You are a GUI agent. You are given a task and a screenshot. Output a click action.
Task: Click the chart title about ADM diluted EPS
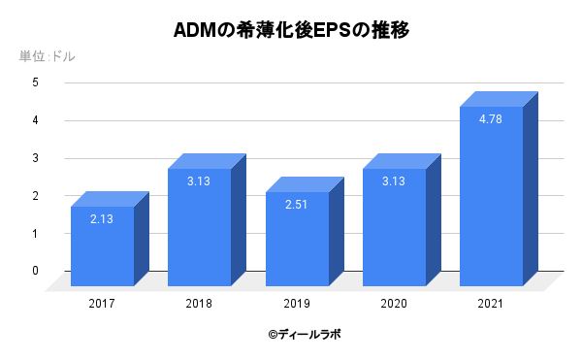(x=291, y=30)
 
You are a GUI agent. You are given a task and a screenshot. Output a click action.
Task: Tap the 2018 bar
(x=199, y=228)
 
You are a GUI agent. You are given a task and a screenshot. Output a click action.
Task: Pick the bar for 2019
(x=296, y=239)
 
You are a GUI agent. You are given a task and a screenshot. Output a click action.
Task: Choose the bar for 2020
(x=393, y=228)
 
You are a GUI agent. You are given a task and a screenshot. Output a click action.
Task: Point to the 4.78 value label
(x=490, y=119)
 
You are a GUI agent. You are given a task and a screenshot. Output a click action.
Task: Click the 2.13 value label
(x=102, y=219)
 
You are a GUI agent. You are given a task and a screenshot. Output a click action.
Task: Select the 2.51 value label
(x=296, y=205)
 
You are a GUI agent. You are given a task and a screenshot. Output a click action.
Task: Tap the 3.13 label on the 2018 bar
(x=199, y=181)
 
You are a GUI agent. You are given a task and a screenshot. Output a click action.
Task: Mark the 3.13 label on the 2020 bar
(x=393, y=181)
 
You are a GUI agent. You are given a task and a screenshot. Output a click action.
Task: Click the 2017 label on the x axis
(x=102, y=304)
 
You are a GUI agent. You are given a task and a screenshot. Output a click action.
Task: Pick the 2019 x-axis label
(x=296, y=304)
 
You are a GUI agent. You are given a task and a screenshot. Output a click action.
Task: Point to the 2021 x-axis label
(x=490, y=304)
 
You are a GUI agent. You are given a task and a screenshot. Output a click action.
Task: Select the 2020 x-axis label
(x=393, y=304)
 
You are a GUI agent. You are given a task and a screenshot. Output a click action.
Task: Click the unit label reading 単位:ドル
(x=47, y=56)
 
